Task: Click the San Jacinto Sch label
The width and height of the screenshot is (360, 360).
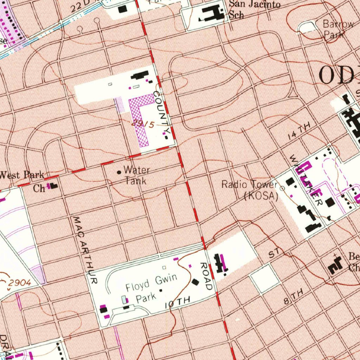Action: click(255, 9)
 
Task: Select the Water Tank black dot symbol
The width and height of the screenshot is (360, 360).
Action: click(119, 172)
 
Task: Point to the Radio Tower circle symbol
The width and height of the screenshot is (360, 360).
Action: click(282, 188)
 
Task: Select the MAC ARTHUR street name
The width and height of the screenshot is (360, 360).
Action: click(84, 250)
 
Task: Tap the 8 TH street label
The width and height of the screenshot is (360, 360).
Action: click(293, 298)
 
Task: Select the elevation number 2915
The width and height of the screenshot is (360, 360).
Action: click(143, 124)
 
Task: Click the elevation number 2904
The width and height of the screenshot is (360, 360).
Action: click(20, 282)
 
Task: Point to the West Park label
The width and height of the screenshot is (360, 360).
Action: click(22, 174)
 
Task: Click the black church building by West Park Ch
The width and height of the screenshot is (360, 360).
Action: click(53, 186)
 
